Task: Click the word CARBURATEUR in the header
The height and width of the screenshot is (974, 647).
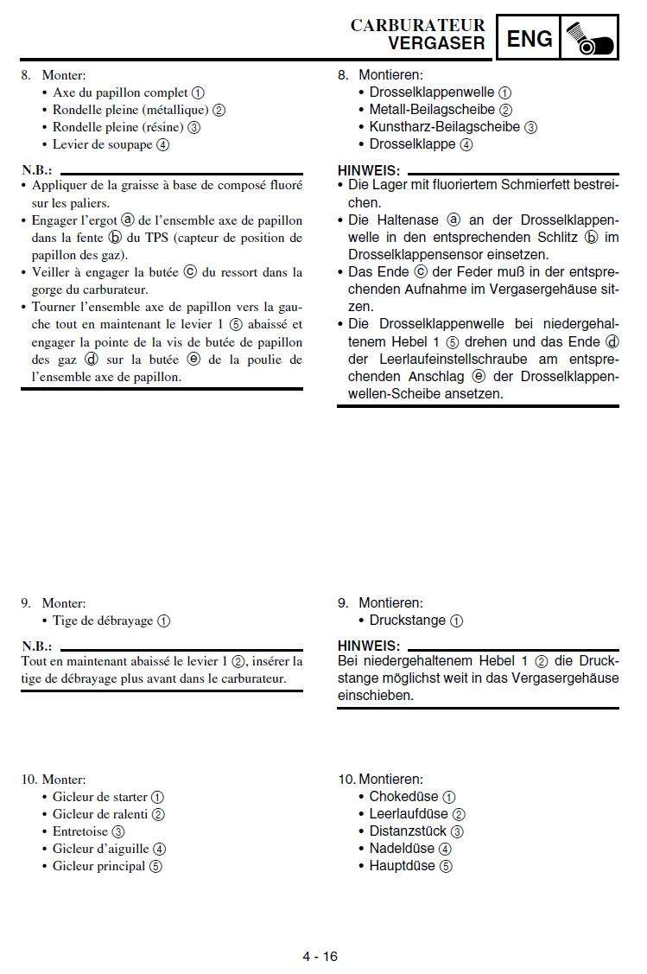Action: click(417, 25)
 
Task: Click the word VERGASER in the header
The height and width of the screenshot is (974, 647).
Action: click(436, 43)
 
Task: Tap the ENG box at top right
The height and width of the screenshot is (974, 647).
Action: click(528, 38)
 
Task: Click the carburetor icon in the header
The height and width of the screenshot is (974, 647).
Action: click(589, 38)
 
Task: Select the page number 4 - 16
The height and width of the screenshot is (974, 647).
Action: click(320, 956)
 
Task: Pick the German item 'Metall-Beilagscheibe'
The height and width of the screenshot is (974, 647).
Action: click(432, 110)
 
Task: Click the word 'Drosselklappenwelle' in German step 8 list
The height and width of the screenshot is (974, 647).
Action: click(432, 92)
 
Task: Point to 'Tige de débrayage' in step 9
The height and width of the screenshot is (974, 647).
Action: click(103, 621)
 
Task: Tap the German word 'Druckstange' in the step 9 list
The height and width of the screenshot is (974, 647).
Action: click(408, 621)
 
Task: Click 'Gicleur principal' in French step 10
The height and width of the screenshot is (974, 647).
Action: click(98, 866)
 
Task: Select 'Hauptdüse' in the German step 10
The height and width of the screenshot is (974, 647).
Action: click(402, 866)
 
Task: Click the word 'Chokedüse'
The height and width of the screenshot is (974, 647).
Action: click(403, 797)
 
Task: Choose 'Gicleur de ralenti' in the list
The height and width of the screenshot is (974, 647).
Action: click(99, 814)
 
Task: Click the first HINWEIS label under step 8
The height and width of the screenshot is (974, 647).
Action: click(369, 171)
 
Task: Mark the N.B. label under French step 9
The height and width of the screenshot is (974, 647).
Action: click(36, 646)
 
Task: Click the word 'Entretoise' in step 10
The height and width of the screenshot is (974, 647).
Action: click(80, 831)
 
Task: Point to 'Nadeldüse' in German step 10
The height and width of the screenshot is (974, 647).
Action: click(402, 849)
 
